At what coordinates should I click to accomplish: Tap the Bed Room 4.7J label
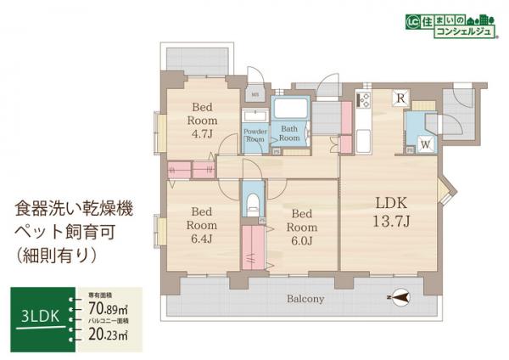click(x=202, y=121)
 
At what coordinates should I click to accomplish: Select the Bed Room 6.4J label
click(x=202, y=224)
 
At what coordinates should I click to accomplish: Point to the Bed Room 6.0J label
click(x=303, y=224)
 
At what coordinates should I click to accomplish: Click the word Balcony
click(x=305, y=299)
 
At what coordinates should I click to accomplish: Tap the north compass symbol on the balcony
click(x=399, y=298)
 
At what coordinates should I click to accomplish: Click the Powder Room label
click(x=255, y=136)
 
